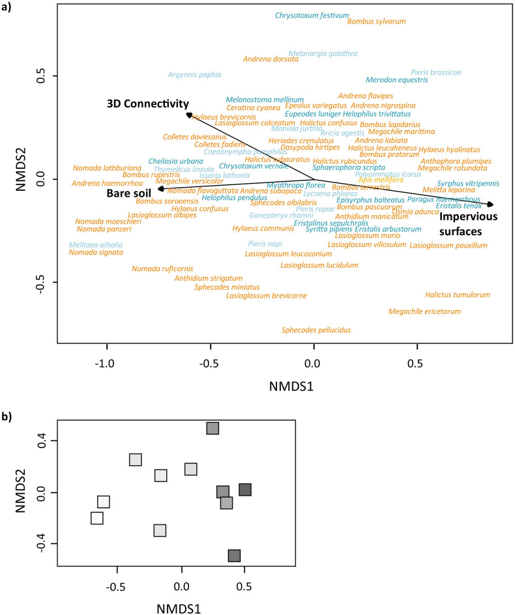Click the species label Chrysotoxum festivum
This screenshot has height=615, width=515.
coord(312,15)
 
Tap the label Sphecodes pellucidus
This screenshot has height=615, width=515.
coord(316,330)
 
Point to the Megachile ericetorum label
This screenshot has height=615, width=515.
coord(424,311)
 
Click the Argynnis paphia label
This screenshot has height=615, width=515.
coord(194,75)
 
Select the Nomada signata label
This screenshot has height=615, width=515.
coord(96,253)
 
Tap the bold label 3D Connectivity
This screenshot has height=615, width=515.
coord(148,104)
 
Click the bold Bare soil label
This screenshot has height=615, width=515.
coord(129,193)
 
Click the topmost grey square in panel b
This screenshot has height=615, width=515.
coord(213,428)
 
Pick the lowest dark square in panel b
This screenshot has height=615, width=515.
coord(234,556)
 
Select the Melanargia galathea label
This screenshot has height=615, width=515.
coord(323,53)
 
